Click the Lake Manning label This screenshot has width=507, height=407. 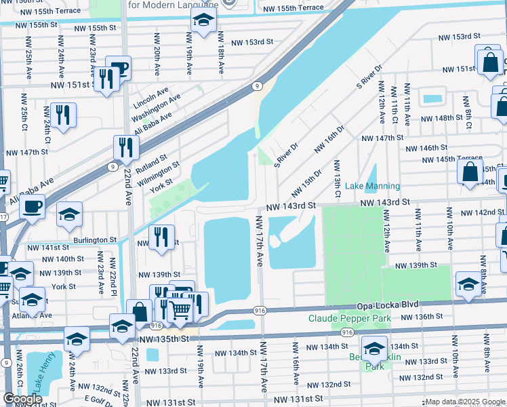coord(372,186)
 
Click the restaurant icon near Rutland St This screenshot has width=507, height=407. coord(126,147)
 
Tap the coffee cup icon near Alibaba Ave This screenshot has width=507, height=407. coord(31,207)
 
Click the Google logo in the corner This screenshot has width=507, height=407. coord(22,399)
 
